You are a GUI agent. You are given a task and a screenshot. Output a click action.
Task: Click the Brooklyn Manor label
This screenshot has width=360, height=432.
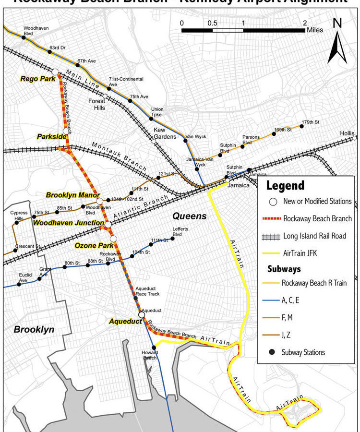(x=72, y=195)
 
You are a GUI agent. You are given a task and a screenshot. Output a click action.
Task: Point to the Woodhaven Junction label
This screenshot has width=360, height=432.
(x=69, y=223)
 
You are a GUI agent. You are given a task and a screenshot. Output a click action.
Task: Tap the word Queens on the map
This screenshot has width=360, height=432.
(x=190, y=216)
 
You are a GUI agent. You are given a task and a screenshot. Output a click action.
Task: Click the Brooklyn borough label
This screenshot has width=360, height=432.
(x=34, y=329)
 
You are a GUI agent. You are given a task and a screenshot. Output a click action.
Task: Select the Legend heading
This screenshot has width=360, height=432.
(x=285, y=186)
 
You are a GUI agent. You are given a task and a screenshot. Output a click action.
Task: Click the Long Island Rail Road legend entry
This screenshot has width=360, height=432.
(x=315, y=236)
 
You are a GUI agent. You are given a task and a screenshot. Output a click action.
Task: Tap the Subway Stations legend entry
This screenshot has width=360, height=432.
(x=303, y=352)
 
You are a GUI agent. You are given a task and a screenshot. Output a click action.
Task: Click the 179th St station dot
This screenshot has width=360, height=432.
(x=302, y=126)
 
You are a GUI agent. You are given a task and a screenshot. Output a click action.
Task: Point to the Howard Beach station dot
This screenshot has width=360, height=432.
(x=154, y=348)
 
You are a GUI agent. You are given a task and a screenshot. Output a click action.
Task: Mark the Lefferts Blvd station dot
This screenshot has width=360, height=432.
(x=172, y=238)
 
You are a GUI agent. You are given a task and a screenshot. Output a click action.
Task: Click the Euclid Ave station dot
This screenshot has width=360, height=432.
(x=19, y=284)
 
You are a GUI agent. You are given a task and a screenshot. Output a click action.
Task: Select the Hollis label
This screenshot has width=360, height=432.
(x=347, y=133)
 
